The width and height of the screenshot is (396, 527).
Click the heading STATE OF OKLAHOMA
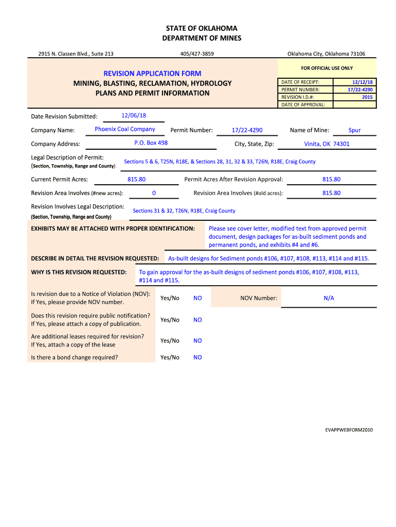click(198, 28)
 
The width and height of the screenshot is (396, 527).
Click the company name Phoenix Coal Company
click(125, 129)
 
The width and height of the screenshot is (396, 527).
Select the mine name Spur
click(354, 130)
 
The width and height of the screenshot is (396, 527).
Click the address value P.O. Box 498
click(151, 143)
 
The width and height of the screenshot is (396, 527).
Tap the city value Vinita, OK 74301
click(327, 144)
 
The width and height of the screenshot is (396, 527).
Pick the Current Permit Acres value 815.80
click(136, 179)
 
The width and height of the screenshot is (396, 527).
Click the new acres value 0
click(154, 193)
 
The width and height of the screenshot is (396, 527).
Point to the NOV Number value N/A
click(329, 298)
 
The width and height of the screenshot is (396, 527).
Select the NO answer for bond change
click(197, 357)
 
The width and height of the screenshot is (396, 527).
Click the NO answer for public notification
click(197, 320)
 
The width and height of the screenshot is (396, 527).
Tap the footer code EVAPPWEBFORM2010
click(349, 429)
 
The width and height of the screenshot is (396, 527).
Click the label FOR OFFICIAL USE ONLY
click(327, 68)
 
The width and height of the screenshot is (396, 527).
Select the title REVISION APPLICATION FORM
click(152, 74)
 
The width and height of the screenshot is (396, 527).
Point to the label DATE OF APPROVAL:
click(303, 104)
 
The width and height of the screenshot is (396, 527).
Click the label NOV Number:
click(259, 298)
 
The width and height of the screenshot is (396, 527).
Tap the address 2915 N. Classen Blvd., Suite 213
click(76, 54)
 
